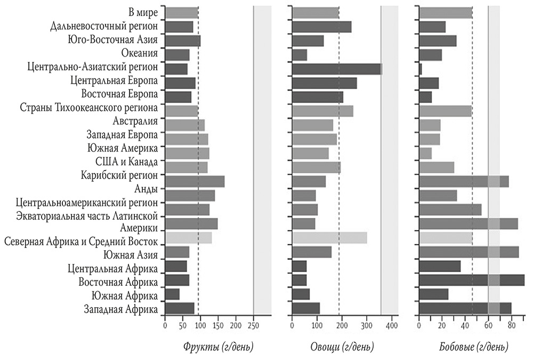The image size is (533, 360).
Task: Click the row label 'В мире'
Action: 143,12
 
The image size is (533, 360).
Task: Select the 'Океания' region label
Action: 140,53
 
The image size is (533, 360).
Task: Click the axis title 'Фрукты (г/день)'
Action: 219,347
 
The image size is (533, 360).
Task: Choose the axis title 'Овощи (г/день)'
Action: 342,347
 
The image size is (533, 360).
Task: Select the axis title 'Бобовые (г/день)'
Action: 470,347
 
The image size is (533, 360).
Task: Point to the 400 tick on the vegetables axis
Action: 391,325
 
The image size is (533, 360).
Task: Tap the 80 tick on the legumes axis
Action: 511,325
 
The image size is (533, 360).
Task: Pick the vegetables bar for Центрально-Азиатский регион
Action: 337,69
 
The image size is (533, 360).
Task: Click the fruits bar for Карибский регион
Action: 195,181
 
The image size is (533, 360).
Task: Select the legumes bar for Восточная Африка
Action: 472,280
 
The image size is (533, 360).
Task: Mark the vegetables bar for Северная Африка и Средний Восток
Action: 329,238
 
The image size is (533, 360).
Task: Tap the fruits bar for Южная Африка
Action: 173,294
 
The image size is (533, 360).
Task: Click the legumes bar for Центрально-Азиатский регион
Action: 421,69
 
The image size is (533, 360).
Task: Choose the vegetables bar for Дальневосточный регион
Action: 321,27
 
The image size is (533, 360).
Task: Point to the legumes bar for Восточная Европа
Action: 425,97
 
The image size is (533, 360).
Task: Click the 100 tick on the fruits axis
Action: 200,325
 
